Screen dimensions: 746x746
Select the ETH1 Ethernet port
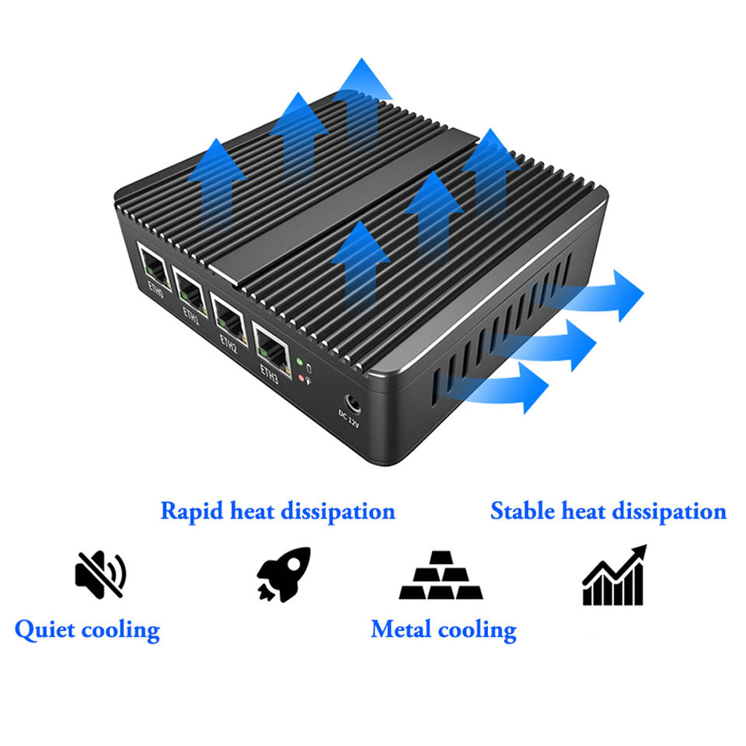(190, 290)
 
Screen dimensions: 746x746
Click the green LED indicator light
(300, 362)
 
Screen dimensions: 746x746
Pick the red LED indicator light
(302, 378)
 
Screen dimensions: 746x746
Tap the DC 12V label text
(349, 419)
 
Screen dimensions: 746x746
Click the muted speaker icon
(100, 574)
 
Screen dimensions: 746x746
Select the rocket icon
(284, 574)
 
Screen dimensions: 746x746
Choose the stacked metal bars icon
(441, 575)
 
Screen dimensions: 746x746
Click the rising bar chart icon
(614, 575)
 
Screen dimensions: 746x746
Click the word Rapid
(192, 511)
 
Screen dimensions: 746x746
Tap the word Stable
(522, 511)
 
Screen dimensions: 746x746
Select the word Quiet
(45, 630)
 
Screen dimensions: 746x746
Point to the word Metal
(401, 629)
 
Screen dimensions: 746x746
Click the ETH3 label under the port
(269, 374)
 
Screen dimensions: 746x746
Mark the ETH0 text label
(155, 289)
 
